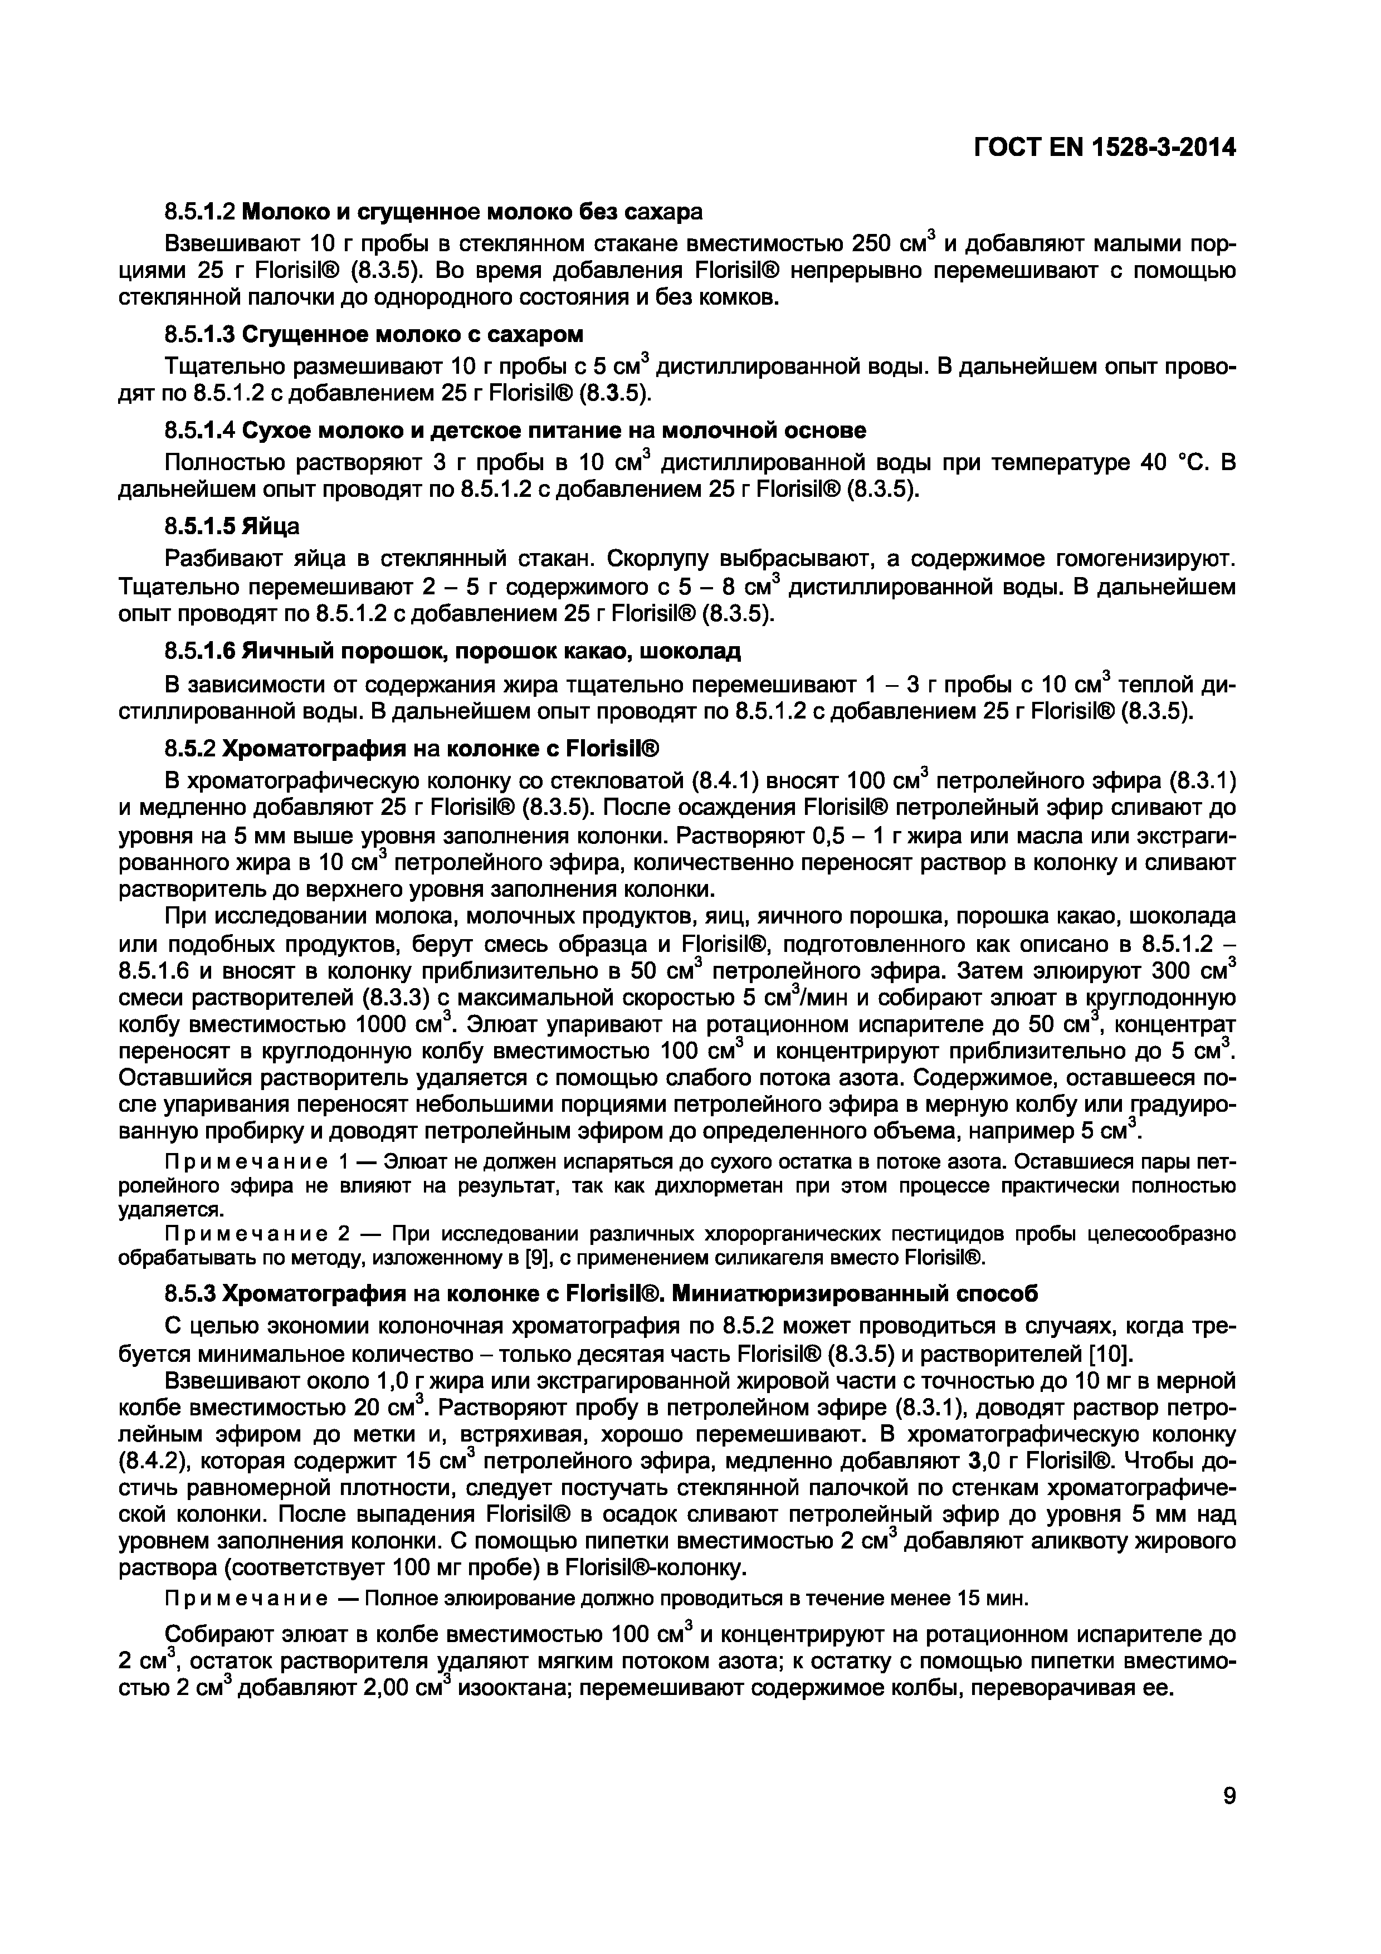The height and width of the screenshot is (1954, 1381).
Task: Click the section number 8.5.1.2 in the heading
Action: point(200,211)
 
